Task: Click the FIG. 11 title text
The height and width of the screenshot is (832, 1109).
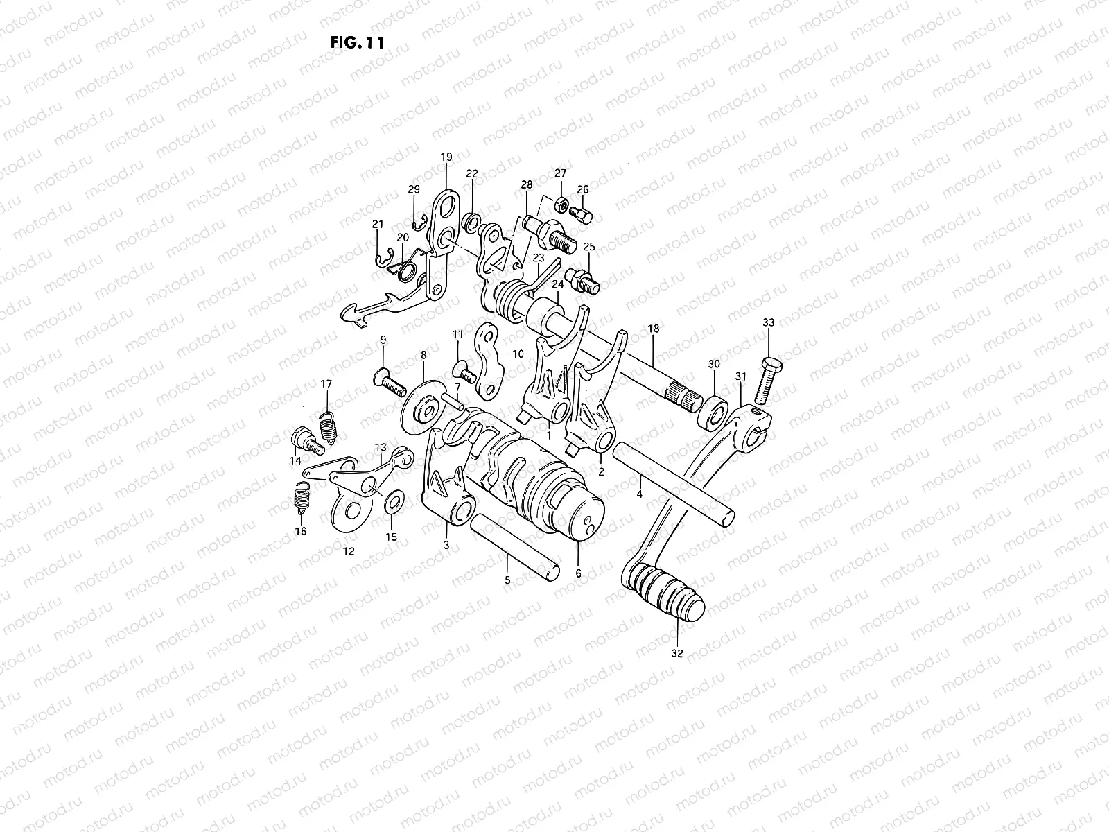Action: [358, 42]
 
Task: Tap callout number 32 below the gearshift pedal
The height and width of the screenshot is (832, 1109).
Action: [677, 653]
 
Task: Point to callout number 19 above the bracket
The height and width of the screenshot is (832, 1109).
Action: [445, 157]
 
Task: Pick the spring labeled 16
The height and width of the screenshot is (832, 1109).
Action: [299, 496]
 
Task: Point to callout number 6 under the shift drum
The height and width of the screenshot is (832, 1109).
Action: [578, 574]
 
